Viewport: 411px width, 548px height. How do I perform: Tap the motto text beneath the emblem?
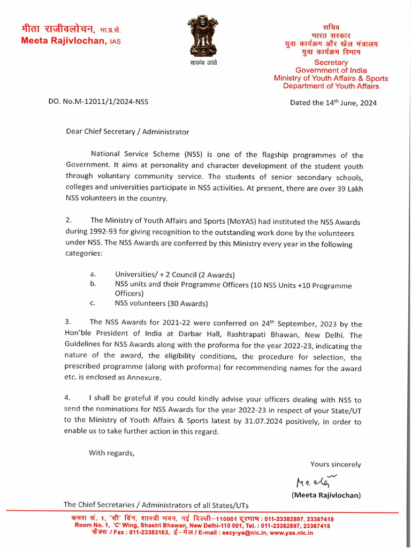tap(203, 63)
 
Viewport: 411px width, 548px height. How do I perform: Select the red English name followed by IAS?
tap(71, 41)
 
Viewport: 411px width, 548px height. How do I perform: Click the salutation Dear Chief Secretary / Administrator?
tap(127, 132)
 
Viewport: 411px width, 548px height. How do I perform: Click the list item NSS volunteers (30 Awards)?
tap(161, 303)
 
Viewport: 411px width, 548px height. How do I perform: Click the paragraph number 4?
tap(68, 399)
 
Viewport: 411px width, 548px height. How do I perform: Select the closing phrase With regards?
tap(112, 453)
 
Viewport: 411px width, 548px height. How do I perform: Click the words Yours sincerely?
tap(336, 465)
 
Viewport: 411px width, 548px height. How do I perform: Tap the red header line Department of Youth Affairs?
tap(331, 86)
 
